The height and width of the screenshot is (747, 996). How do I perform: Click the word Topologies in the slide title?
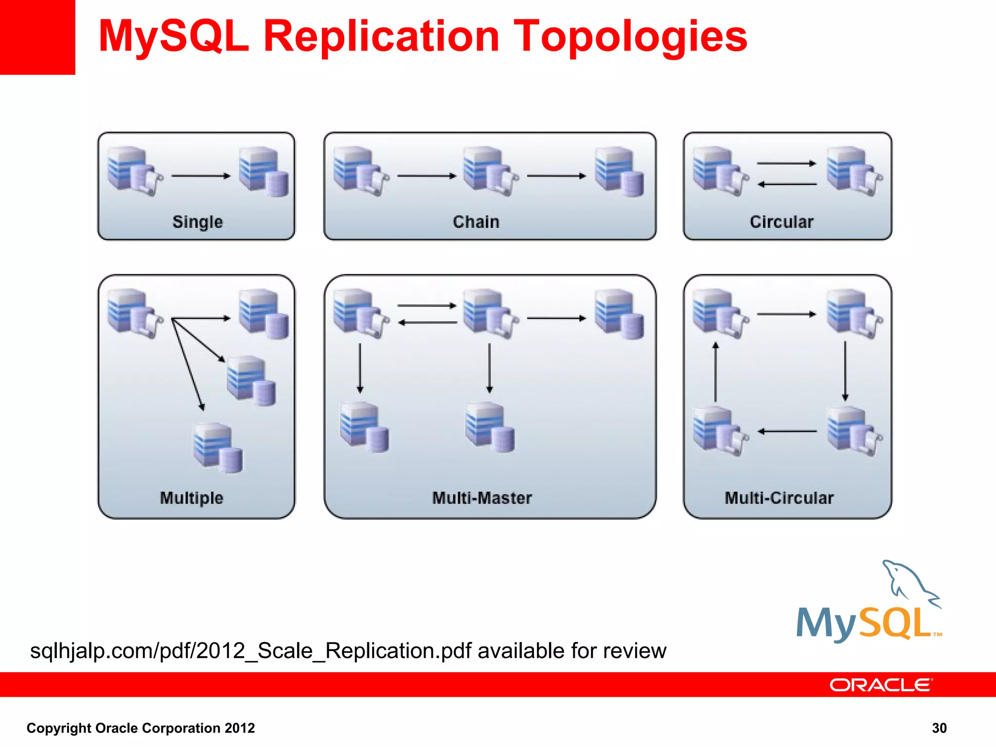pyautogui.click(x=630, y=37)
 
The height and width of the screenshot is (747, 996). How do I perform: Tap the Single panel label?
pyautogui.click(x=197, y=222)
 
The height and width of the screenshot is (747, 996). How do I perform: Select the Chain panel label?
pyautogui.click(x=476, y=222)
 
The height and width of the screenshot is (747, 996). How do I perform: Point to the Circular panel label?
pyautogui.click(x=781, y=222)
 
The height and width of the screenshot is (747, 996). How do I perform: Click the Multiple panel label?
pyautogui.click(x=192, y=498)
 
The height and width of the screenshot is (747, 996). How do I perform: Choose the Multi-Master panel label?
pyautogui.click(x=482, y=498)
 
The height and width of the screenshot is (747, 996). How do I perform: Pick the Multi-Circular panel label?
pyautogui.click(x=779, y=498)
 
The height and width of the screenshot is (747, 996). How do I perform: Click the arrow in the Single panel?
pyautogui.click(x=201, y=176)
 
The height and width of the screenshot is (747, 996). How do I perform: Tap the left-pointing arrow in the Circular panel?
pyautogui.click(x=787, y=184)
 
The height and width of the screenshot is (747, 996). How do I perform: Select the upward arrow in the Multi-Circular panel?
pyautogui.click(x=715, y=372)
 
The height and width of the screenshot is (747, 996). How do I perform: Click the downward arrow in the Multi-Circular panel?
pyautogui.click(x=845, y=371)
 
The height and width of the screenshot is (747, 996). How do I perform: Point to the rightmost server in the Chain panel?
pyautogui.click(x=619, y=172)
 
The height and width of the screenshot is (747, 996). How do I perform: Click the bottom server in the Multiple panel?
pyautogui.click(x=217, y=447)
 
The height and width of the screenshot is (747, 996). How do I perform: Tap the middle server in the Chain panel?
pyautogui.click(x=489, y=172)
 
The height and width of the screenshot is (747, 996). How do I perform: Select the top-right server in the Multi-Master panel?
pyautogui.click(x=619, y=314)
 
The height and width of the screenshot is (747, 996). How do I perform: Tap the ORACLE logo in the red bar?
pyautogui.click(x=880, y=685)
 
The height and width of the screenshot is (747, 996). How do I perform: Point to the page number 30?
pyautogui.click(x=939, y=728)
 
